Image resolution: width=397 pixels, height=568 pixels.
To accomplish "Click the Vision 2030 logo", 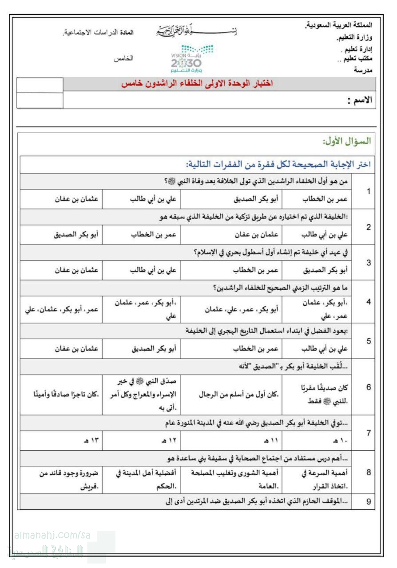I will point(192,59).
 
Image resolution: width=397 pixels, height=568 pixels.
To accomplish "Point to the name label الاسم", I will point(359,101).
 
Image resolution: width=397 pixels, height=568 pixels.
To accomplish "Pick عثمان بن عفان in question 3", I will point(76,270).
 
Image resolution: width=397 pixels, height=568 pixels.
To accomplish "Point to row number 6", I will point(369,387).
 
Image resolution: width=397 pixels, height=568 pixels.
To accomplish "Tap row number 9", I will point(369,502).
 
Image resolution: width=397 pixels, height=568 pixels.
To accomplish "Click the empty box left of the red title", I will point(40,85).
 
